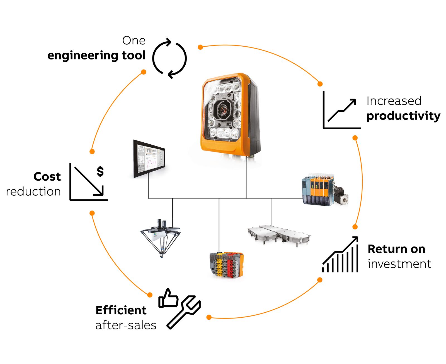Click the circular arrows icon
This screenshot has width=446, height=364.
click(x=169, y=58)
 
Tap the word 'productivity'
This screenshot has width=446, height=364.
click(x=403, y=116)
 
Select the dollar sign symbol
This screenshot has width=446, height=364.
click(x=100, y=171)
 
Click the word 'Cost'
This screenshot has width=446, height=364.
click(x=47, y=177)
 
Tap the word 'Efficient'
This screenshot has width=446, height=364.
click(x=121, y=310)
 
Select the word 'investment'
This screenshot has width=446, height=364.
click(x=399, y=264)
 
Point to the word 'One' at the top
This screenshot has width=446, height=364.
click(x=134, y=41)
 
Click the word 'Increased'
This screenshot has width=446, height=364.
click(x=394, y=101)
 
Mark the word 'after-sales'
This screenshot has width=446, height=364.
click(x=126, y=325)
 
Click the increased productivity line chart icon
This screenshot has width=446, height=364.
click(x=342, y=111)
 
